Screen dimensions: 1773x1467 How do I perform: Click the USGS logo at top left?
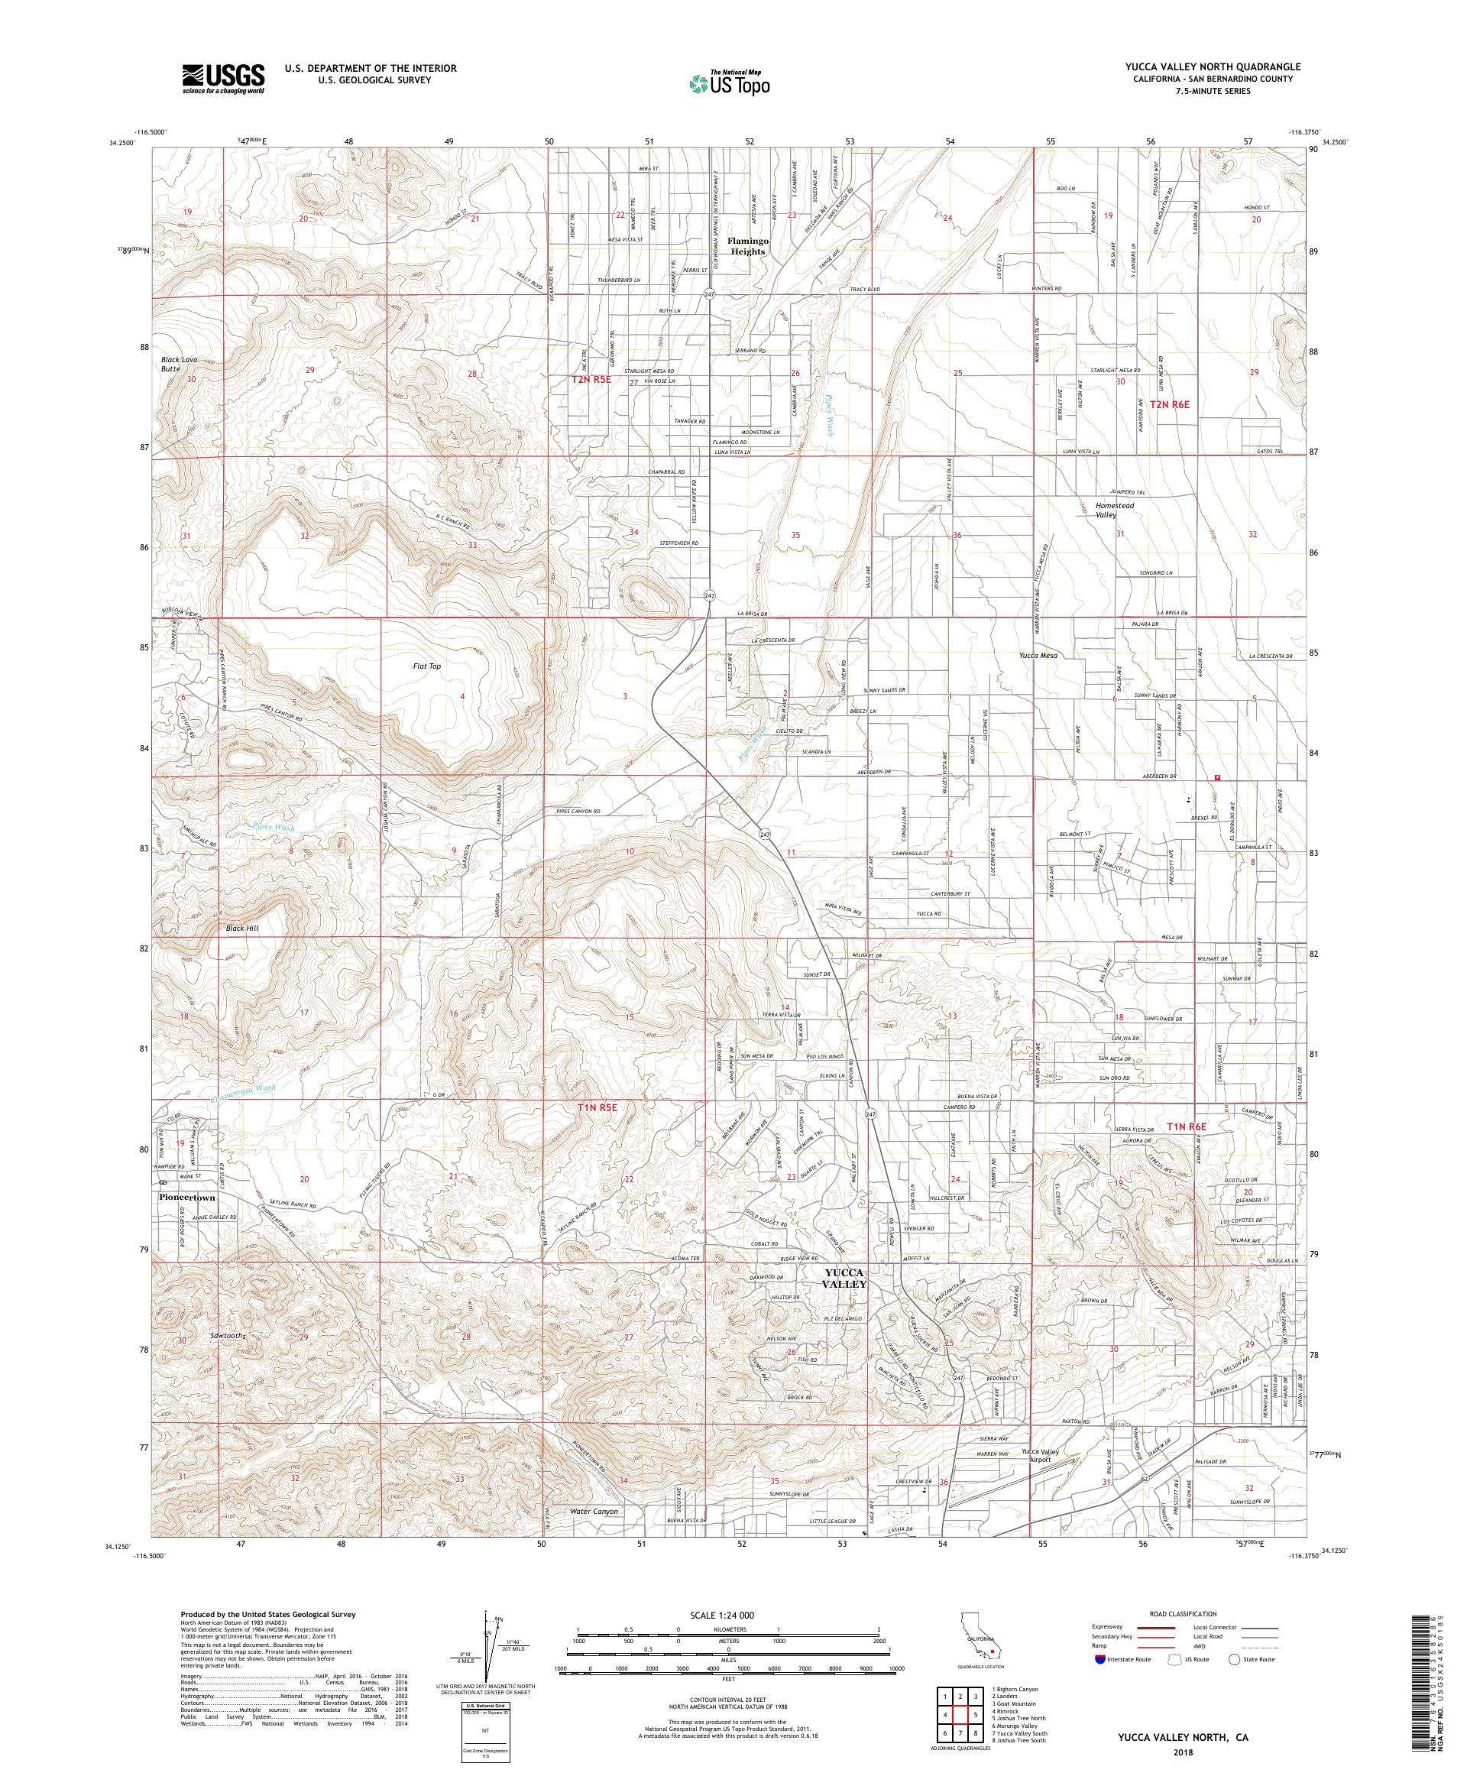[x=223, y=79]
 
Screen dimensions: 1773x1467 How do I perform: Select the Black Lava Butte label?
[x=180, y=364]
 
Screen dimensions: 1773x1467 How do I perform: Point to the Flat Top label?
[x=427, y=666]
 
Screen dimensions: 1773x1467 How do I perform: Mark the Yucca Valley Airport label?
[x=1039, y=1457]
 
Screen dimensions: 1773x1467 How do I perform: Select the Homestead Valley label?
[x=1114, y=510]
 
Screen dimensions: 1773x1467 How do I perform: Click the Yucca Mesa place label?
[x=1038, y=655]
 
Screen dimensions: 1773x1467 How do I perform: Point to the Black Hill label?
[x=241, y=928]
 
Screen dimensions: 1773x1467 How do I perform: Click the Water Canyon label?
[x=594, y=1512]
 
